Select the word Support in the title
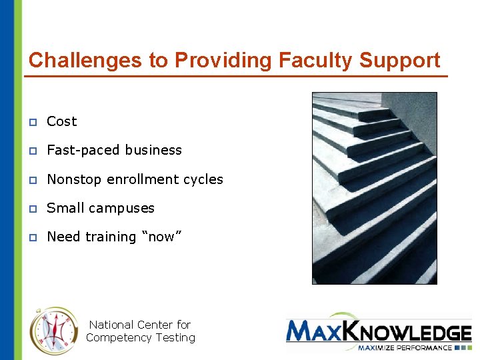coord(400,61)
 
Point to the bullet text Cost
coord(62,121)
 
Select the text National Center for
coord(140,325)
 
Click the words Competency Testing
coord(140,337)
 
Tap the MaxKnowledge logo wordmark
coord(378,331)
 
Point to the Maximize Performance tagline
coord(403,347)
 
